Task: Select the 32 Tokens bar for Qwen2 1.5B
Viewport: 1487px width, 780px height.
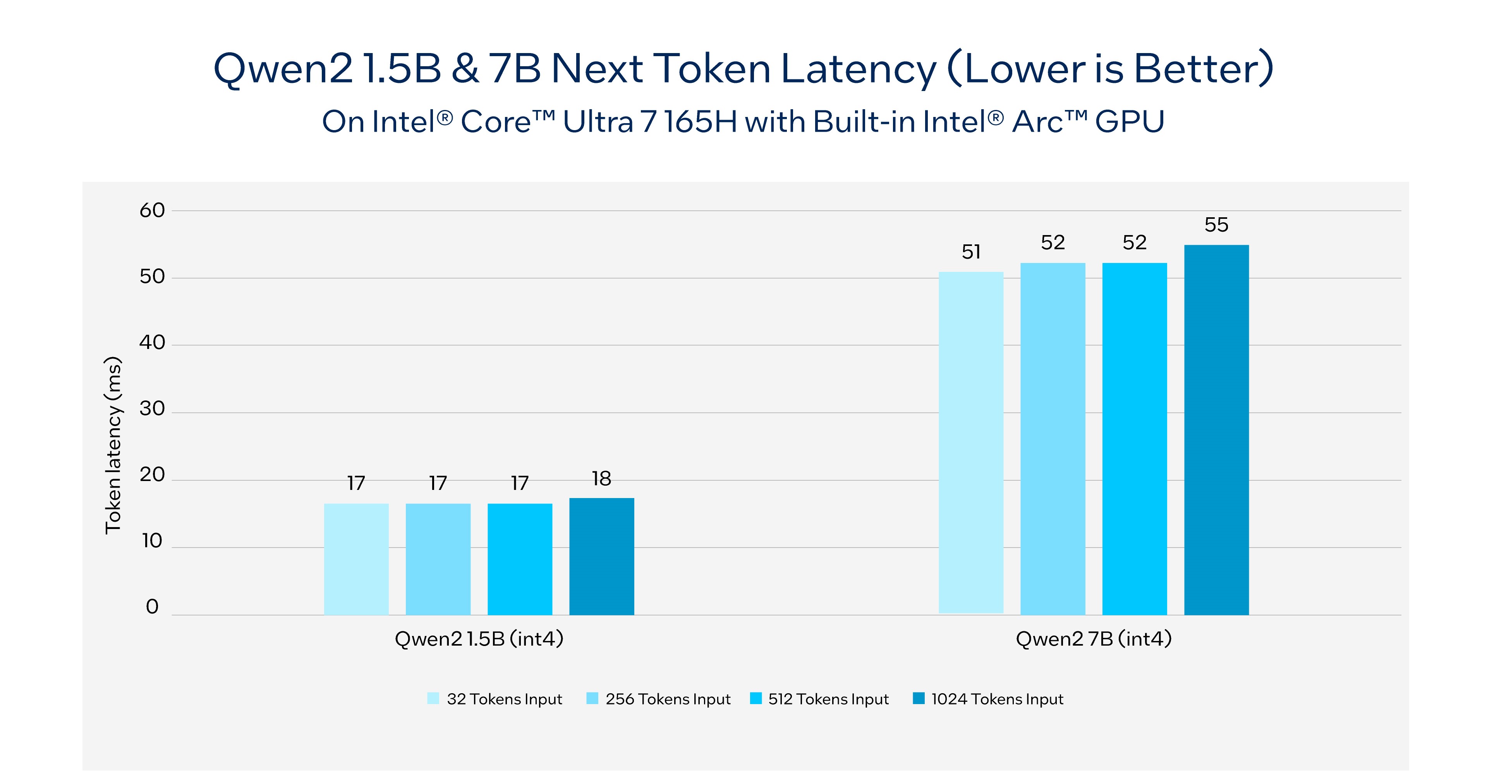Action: point(356,558)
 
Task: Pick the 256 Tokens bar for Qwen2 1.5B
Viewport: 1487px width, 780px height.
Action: point(438,558)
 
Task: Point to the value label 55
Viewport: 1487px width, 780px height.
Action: point(1216,225)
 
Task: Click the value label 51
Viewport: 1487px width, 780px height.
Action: point(971,252)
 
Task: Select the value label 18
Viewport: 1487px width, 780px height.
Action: point(601,479)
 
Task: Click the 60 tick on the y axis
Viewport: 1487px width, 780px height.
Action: point(153,210)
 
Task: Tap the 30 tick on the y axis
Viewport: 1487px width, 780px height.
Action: point(153,409)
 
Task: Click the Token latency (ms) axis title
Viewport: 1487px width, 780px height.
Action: point(113,445)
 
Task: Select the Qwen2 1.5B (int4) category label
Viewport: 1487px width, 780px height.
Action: point(479,639)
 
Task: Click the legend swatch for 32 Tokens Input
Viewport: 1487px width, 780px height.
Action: point(433,699)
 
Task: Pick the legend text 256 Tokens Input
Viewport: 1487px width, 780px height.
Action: point(668,699)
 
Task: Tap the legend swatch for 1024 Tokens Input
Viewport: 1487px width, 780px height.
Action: point(919,699)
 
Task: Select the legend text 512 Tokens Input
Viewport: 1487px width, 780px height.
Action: point(828,699)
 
